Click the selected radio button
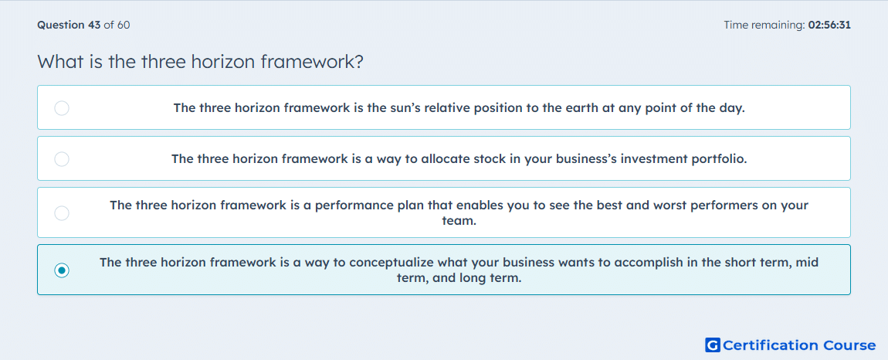click(62, 270)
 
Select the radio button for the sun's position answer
click(62, 107)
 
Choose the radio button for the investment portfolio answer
click(62, 158)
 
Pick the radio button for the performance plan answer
click(62, 212)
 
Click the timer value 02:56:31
click(829, 25)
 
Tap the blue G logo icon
click(713, 345)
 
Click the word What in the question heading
click(60, 61)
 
